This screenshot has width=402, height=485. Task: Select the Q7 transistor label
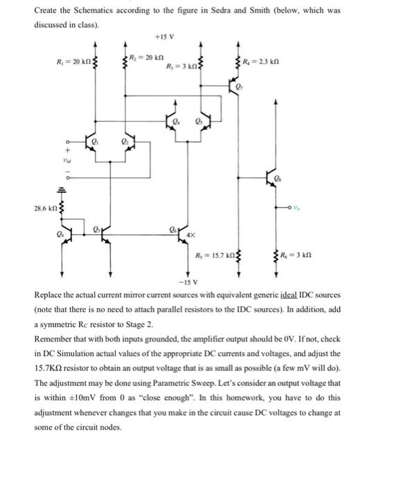239,89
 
